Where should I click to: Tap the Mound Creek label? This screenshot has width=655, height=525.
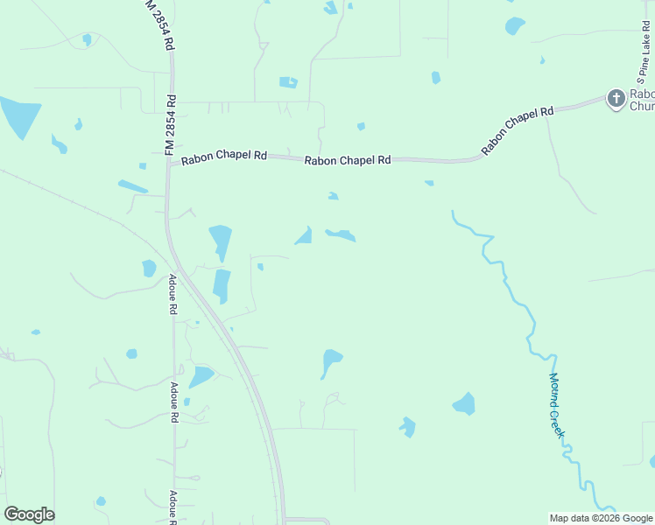pos(558,404)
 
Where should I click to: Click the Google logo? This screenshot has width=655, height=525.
pos(29,514)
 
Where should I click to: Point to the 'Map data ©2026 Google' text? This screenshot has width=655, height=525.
pos(600,518)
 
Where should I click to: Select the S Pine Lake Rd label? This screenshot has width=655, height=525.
pos(641,47)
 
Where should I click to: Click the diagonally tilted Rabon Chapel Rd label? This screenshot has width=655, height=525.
pos(518,131)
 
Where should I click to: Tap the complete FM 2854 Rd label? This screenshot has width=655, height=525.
pos(172,125)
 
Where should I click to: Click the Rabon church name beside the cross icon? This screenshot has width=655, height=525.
pos(642,100)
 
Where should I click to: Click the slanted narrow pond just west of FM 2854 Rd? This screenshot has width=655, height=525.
pos(132,186)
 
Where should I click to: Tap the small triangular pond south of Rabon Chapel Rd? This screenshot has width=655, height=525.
pos(305,236)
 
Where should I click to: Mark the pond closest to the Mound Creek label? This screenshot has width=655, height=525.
pos(464,403)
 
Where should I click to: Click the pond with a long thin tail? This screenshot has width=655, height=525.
pos(330,360)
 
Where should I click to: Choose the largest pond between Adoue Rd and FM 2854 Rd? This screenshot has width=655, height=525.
pos(201,376)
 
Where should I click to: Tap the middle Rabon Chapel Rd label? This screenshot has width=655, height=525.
pos(348,160)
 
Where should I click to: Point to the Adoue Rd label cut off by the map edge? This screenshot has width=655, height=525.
pos(173,508)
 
